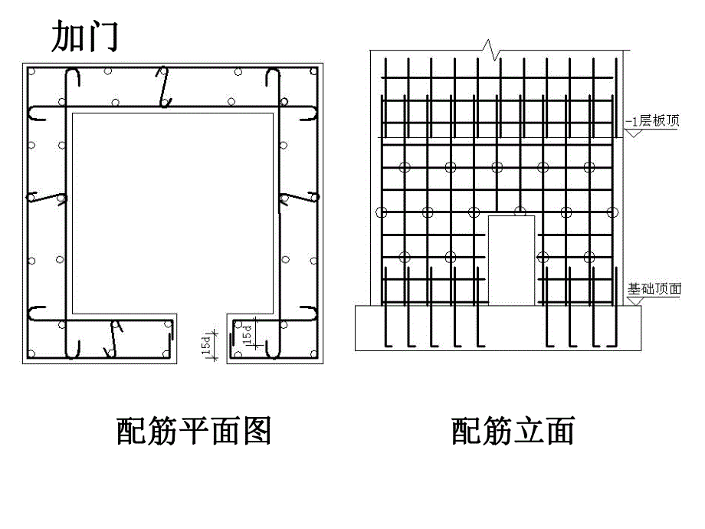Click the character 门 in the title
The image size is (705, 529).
102,36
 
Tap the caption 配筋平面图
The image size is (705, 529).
194,431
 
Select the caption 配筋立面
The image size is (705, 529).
513,431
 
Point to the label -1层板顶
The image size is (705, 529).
651,120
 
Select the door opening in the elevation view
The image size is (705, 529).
511,259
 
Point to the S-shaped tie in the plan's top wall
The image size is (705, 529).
163,86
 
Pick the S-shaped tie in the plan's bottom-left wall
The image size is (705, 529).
113,338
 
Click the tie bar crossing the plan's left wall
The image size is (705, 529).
48,198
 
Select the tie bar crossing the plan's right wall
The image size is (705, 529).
297,197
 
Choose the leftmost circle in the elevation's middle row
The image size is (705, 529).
382,212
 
